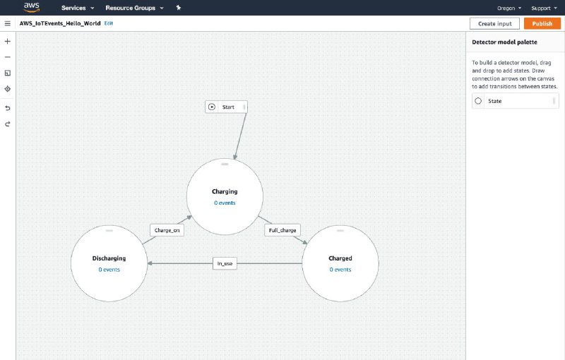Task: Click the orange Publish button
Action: (542, 23)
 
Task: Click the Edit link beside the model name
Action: (109, 23)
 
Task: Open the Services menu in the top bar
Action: (78, 8)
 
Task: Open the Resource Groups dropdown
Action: (134, 8)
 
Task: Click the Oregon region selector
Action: (509, 8)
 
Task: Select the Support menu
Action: (544, 8)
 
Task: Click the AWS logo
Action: (32, 7)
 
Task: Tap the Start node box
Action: (226, 107)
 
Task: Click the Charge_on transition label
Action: (167, 230)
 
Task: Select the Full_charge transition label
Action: (282, 230)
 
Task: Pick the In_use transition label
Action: (225, 263)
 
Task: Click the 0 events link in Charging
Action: (225, 203)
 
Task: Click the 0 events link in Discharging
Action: (109, 270)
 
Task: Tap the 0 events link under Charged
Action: (340, 270)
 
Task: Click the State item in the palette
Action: (516, 101)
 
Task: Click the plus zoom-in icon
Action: (8, 42)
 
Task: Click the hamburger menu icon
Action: (8, 23)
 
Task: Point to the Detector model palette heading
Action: (504, 42)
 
